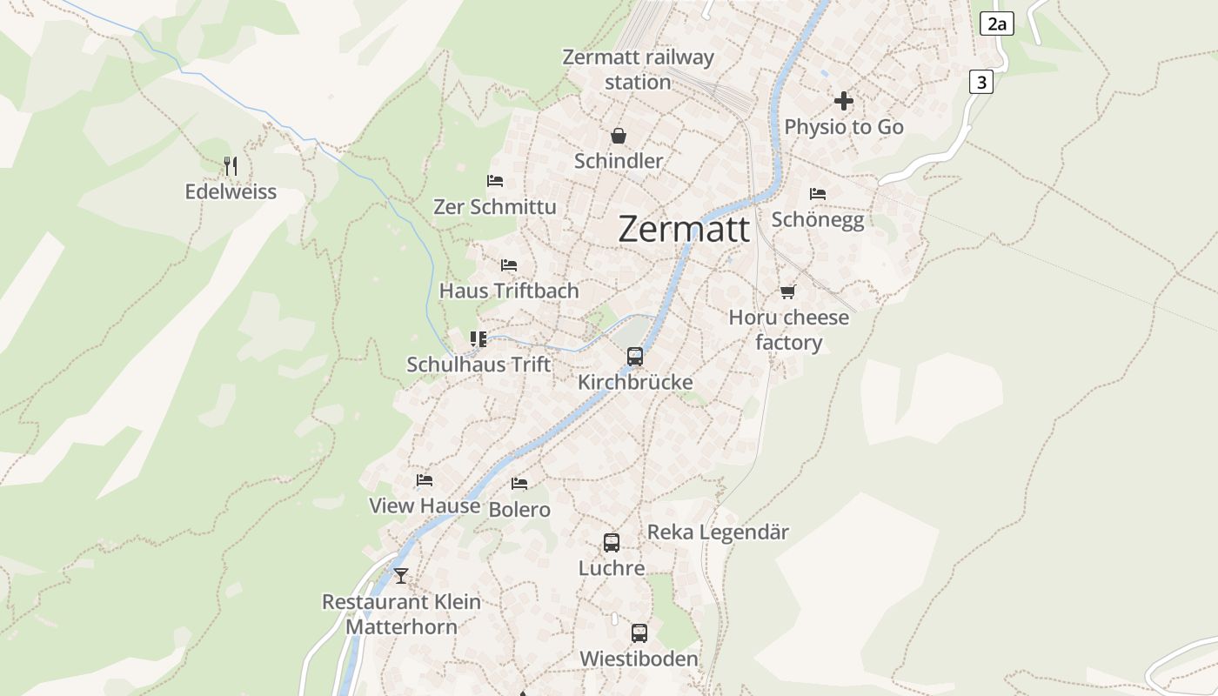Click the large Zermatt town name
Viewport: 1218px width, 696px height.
coord(684,230)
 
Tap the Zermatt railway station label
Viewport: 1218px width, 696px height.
coord(638,70)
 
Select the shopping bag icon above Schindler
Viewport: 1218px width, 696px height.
coord(618,136)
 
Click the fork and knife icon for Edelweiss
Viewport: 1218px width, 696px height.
coord(231,165)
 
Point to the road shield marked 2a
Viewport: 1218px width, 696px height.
coord(996,23)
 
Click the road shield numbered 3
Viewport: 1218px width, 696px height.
coord(981,82)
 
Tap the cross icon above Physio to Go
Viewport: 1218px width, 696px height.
coord(843,101)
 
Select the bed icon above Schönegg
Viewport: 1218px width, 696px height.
coord(818,193)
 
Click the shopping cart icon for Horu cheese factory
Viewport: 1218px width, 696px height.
coord(788,291)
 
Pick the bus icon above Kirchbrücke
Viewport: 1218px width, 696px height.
coord(635,356)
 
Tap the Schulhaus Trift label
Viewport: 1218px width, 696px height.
coord(478,365)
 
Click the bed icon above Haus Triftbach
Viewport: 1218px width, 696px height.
coord(509,264)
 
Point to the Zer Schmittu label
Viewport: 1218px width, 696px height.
coord(495,207)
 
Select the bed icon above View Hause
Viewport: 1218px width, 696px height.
coord(425,479)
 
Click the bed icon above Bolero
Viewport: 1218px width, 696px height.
coord(519,483)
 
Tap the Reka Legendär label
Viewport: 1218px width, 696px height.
coord(718,532)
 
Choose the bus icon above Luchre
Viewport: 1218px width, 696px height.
coord(612,542)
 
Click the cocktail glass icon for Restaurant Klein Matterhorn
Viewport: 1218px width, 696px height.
coord(400,575)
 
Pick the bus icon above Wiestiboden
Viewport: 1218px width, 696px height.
coord(639,632)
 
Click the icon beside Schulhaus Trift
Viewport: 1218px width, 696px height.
coord(478,338)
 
